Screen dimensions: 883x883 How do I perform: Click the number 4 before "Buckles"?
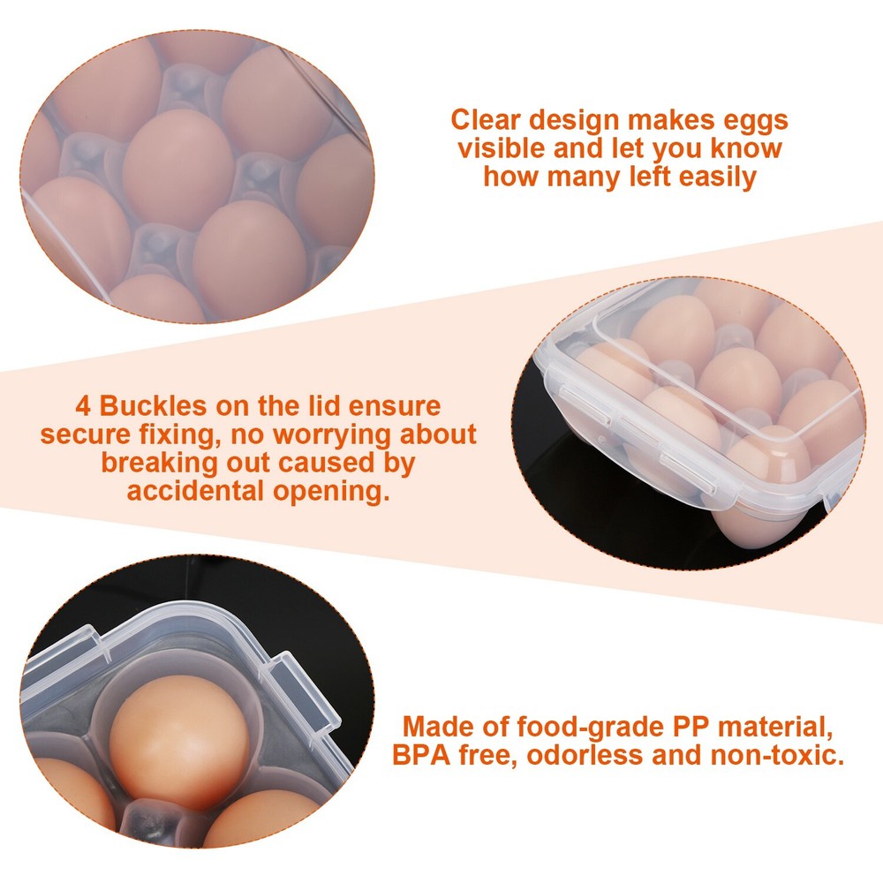81,407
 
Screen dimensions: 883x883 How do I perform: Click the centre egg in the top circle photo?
177,168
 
